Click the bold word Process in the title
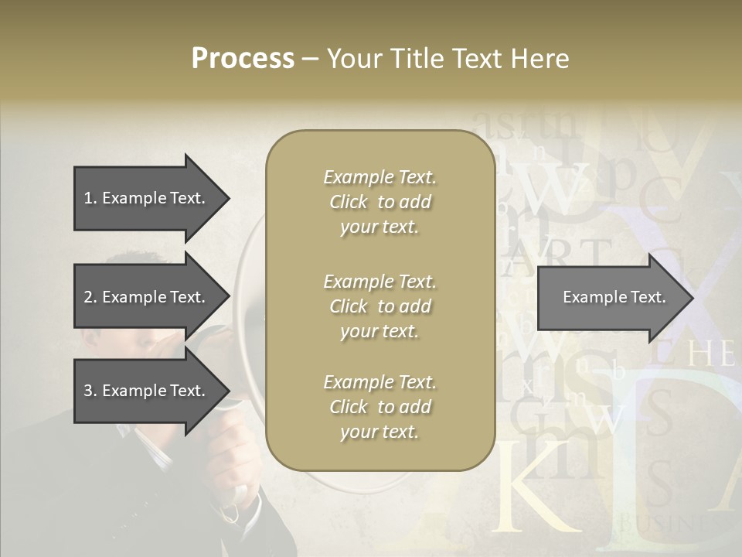(x=243, y=59)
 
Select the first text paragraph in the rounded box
(x=380, y=202)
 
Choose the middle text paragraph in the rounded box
(x=380, y=306)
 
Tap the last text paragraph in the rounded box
(x=380, y=407)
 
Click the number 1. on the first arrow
(x=90, y=198)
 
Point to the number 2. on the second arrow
(x=90, y=297)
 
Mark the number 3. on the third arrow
(x=90, y=391)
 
